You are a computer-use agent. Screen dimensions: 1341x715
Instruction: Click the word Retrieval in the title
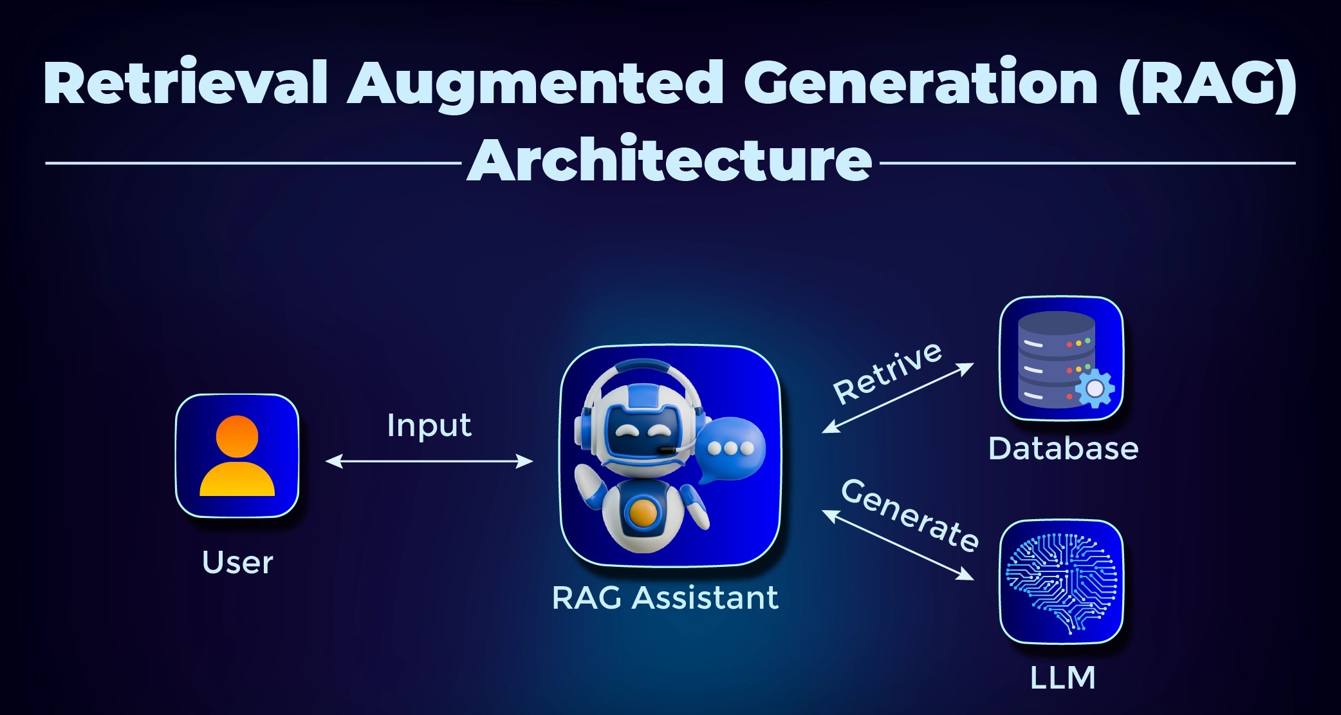[186, 83]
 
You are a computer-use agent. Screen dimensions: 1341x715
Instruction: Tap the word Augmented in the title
[535, 87]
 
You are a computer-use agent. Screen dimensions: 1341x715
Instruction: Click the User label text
[237, 562]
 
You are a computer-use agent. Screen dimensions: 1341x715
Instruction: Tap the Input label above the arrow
[429, 426]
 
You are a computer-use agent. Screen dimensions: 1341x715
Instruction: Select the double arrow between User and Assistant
[429, 461]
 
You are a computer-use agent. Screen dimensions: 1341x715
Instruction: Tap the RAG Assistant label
[665, 598]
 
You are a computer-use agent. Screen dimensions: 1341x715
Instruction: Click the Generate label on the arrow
[910, 515]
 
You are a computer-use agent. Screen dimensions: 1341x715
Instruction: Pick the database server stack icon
[1056, 357]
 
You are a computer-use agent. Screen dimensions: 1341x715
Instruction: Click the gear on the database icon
[1094, 388]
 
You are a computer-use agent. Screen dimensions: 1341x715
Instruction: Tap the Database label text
[1063, 449]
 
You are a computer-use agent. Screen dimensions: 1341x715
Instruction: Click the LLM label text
[1062, 678]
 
